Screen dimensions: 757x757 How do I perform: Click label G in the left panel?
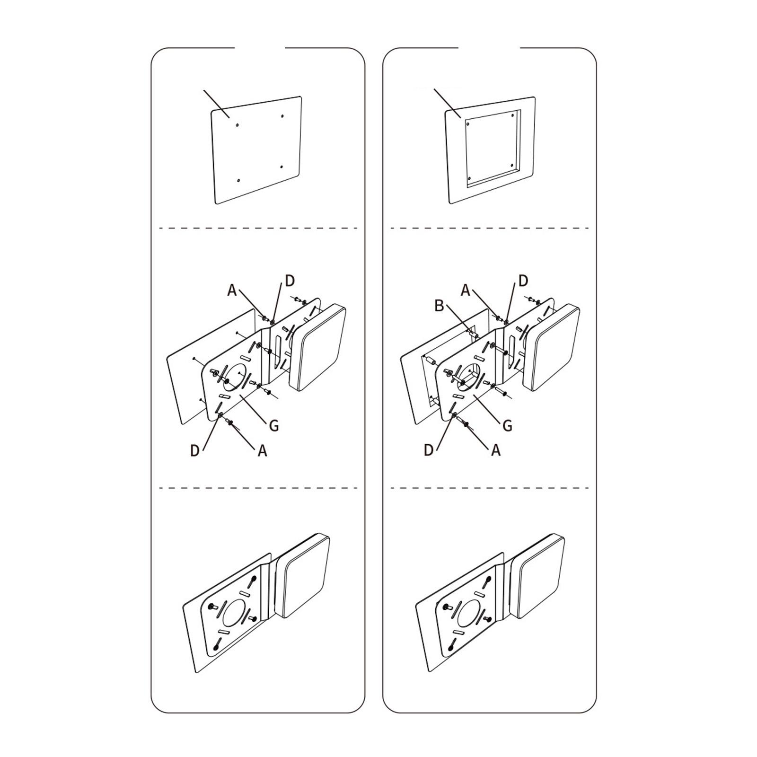click(x=273, y=426)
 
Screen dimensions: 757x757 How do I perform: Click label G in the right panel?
click(x=507, y=426)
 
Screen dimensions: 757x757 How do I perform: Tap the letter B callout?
click(x=440, y=306)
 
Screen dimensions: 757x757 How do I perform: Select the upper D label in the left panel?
click(x=290, y=281)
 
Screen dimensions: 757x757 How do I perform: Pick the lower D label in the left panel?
click(x=195, y=451)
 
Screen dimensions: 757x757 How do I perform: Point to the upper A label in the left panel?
click(x=232, y=290)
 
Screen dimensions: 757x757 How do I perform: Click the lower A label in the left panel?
click(x=263, y=451)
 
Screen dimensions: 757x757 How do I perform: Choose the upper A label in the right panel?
click(x=466, y=290)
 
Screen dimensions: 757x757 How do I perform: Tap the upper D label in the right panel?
click(x=523, y=281)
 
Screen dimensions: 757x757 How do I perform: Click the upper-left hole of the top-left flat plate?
click(x=237, y=125)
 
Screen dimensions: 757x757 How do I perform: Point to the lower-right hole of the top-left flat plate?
click(x=281, y=167)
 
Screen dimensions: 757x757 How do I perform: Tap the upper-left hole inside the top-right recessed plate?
click(x=468, y=125)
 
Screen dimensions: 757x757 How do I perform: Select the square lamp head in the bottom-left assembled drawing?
click(x=302, y=576)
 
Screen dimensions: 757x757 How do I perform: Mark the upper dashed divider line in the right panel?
click(x=490, y=229)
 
